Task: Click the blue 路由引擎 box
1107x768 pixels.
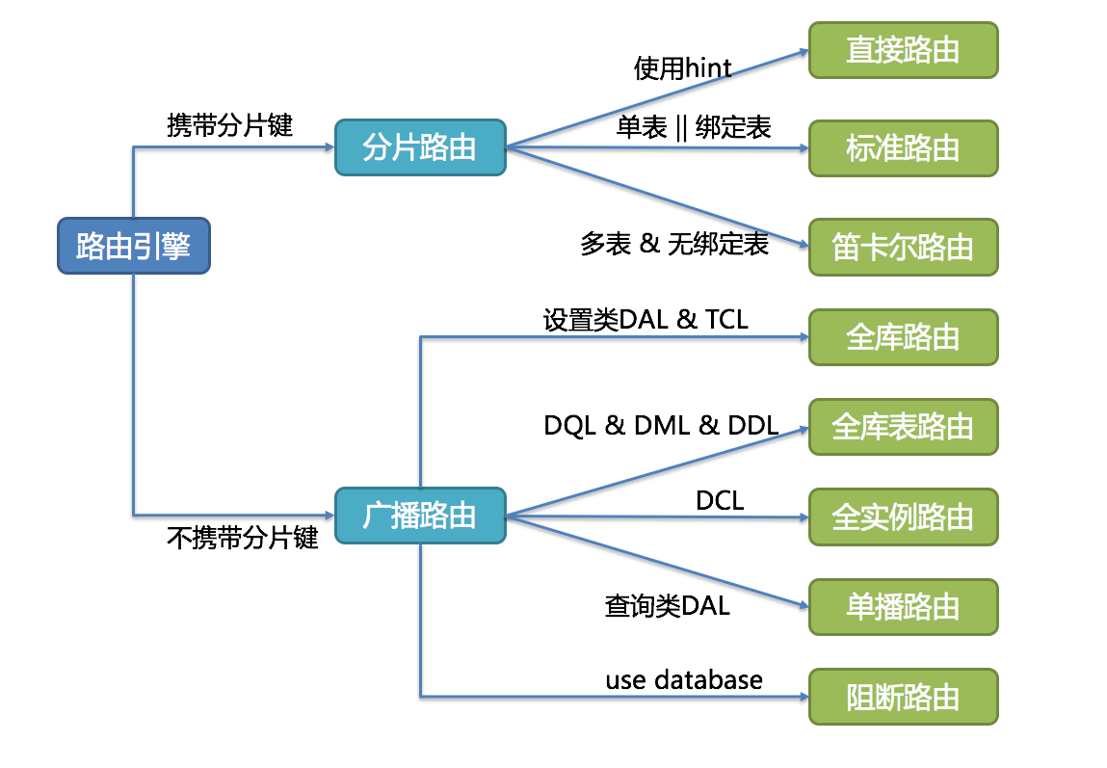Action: pyautogui.click(x=134, y=246)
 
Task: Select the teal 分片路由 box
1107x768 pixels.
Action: pyautogui.click(x=421, y=147)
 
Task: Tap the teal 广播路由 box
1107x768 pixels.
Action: pyautogui.click(x=421, y=516)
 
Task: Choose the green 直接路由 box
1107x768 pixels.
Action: pyautogui.click(x=904, y=50)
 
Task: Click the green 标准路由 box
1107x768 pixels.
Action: pyautogui.click(x=904, y=148)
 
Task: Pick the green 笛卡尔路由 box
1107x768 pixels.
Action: pyautogui.click(x=904, y=247)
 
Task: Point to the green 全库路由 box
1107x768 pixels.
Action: pyautogui.click(x=904, y=337)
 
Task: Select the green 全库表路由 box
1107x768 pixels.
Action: pyautogui.click(x=904, y=427)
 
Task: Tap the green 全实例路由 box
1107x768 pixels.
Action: pyautogui.click(x=904, y=516)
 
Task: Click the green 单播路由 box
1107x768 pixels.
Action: pyautogui.click(x=904, y=607)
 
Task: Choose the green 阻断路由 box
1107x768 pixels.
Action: pyautogui.click(x=904, y=697)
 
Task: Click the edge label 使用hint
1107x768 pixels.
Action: pyautogui.click(x=683, y=68)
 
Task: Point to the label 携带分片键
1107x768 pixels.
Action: pyautogui.click(x=229, y=125)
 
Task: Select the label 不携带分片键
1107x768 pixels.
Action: pyautogui.click(x=242, y=538)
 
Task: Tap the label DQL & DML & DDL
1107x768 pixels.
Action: pyautogui.click(x=662, y=426)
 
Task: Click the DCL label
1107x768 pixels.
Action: pyautogui.click(x=720, y=500)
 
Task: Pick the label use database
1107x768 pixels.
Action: pyautogui.click(x=684, y=679)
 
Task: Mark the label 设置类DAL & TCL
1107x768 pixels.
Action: pyautogui.click(x=646, y=320)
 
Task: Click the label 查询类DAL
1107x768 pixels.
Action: pyautogui.click(x=667, y=606)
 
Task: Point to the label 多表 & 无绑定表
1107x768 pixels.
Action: pyautogui.click(x=674, y=244)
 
